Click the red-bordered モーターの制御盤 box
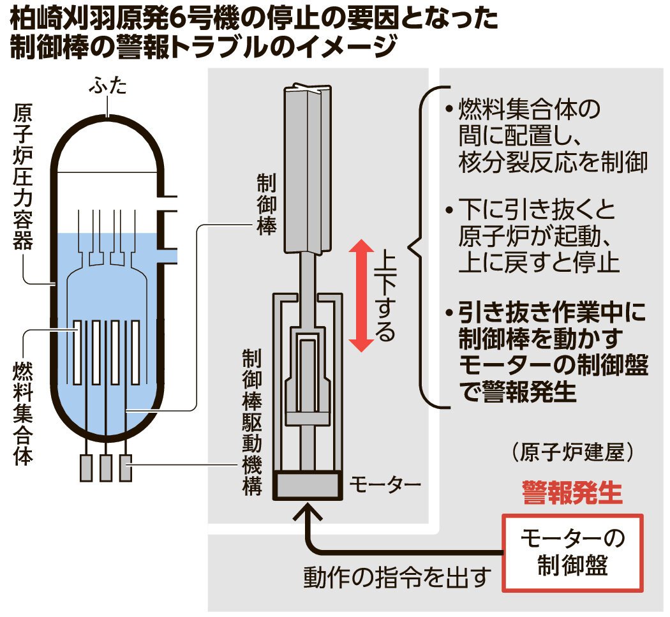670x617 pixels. click(573, 552)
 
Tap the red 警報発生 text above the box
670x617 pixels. click(571, 493)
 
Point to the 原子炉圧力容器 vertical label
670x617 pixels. click(24, 178)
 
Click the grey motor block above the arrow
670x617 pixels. click(306, 485)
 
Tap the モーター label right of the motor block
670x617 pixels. click(385, 486)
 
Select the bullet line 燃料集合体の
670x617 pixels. click(530, 110)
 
